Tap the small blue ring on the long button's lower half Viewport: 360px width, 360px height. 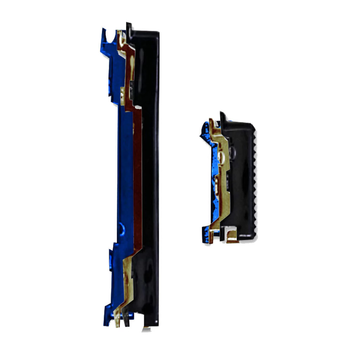[x=121, y=229]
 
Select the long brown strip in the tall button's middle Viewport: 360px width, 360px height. [x=137, y=176]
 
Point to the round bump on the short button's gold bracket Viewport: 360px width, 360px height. [x=221, y=155]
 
